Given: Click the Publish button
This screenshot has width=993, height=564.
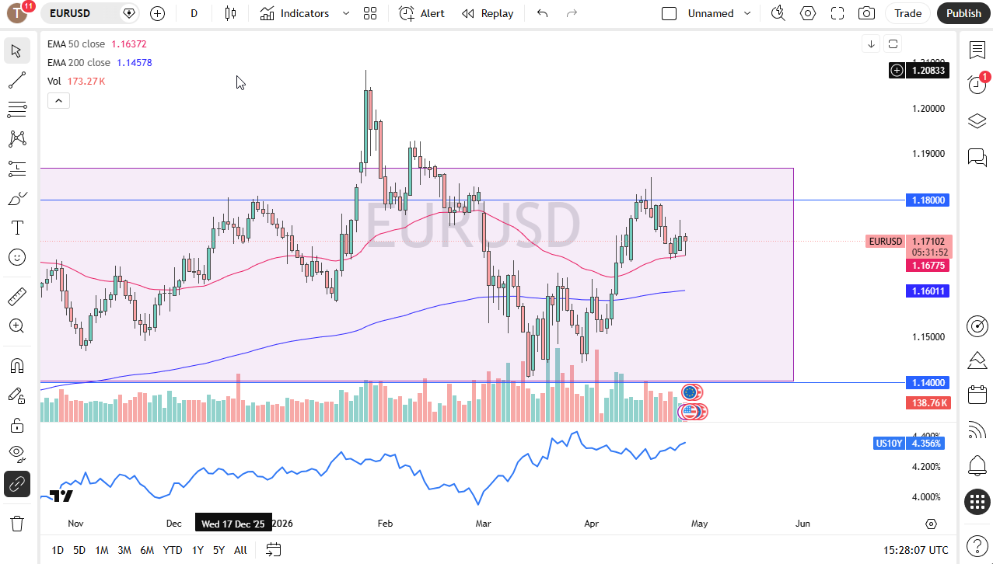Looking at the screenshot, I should coord(963,13).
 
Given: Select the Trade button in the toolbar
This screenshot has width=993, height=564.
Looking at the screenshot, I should coord(907,13).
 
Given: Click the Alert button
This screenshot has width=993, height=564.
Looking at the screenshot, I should coord(422,13).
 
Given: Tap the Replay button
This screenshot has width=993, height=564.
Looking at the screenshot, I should coord(488,13).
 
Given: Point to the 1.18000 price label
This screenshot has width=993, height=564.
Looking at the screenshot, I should coord(928,200).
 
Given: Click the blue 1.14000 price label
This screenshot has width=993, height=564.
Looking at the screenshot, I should coord(928,382).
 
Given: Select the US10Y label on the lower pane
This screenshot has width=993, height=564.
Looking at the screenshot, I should coord(888,444).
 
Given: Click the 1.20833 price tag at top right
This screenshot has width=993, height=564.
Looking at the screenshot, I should coord(928,71).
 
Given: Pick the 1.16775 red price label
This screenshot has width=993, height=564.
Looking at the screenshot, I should coord(928,266).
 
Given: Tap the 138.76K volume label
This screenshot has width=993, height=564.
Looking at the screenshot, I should coord(928,403).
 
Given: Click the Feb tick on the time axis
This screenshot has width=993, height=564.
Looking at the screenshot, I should coord(385,524).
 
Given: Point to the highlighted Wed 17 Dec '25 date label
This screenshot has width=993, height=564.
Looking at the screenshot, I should coord(233,524).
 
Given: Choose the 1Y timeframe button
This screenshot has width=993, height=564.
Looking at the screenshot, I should coord(198,550).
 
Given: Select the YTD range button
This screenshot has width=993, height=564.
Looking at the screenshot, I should coord(173,550).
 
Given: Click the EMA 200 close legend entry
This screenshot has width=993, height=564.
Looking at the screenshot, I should coord(79,62).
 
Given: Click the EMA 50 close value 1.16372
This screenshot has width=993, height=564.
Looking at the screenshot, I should coord(128,44).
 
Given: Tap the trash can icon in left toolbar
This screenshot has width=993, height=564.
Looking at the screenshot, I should coord(17,523).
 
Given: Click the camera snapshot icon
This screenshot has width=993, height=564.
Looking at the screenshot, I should coord(865,13).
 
